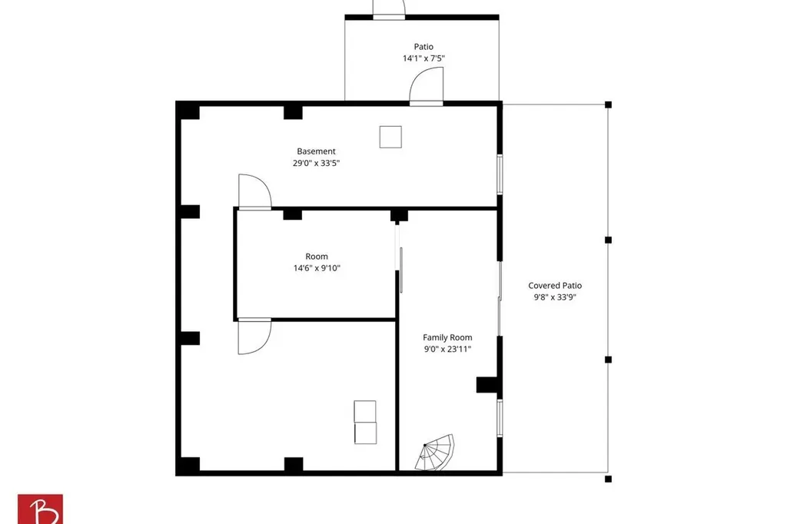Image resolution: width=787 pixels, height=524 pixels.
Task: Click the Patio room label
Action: pos(423,47)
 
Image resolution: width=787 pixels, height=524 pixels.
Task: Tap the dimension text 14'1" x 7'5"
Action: pos(423,58)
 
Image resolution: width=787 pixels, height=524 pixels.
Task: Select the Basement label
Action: pos(316,151)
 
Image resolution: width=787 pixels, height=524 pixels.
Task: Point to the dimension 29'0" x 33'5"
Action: pos(316,163)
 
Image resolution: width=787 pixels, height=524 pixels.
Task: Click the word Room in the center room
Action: pos(317,257)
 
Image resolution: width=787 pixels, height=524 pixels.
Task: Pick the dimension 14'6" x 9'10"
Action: pos(317,268)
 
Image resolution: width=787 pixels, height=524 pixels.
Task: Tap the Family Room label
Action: pos(447,338)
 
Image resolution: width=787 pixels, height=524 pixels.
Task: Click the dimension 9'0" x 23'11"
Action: pos(447,350)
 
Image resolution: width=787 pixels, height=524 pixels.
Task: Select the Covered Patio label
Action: pos(555,286)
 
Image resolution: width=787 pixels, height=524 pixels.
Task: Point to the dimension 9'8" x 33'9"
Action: pos(555,297)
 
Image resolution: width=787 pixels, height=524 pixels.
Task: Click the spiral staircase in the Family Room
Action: pos(435,453)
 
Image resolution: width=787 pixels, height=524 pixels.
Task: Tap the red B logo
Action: pos(40,509)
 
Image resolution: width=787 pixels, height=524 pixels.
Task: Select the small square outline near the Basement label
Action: pos(390,137)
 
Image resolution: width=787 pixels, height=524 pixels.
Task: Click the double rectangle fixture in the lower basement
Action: pos(365,422)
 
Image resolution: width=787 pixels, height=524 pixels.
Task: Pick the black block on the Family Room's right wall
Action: pos(487,385)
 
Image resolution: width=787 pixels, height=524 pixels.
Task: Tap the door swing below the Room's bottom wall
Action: pos(255,337)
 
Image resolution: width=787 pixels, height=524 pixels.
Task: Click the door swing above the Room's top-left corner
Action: pos(255,191)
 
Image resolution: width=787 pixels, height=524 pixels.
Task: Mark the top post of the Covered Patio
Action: pos(609,105)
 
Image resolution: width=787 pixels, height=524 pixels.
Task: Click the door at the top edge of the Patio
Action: pos(389,11)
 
